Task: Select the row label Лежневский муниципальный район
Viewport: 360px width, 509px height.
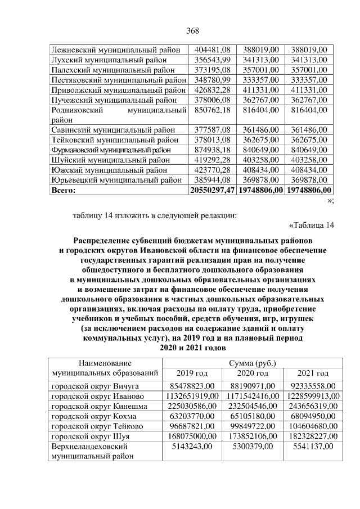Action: (x=115, y=49)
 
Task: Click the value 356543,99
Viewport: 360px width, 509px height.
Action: (x=211, y=60)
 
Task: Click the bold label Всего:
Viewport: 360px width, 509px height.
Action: (x=63, y=190)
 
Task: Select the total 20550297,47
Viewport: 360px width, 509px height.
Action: (x=211, y=190)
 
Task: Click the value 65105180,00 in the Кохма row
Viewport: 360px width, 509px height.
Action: (x=252, y=417)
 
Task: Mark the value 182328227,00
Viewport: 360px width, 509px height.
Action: (x=313, y=437)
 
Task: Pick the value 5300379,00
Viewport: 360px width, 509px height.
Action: (x=252, y=447)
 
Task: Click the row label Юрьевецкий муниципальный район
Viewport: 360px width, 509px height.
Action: (x=116, y=180)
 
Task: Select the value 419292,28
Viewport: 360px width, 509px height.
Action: (x=211, y=160)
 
